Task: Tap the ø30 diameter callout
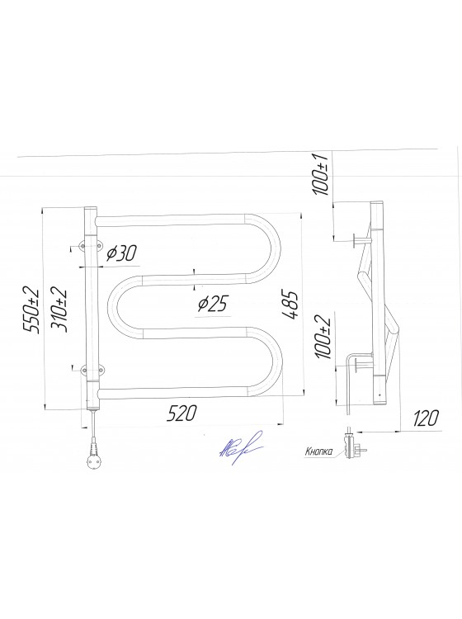pos(121,253)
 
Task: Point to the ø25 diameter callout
pos(212,305)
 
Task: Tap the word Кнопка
pos(318,451)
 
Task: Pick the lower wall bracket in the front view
pos(87,371)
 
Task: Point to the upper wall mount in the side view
pos(361,240)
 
